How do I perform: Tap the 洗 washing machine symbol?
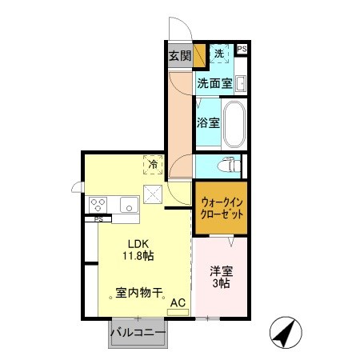(x=220, y=53)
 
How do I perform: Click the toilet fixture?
(x=227, y=166)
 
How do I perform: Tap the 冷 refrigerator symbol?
(x=151, y=164)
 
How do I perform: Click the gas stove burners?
(x=99, y=205)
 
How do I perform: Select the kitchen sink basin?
(x=129, y=205)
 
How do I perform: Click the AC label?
(x=178, y=302)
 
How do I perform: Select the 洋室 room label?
(x=219, y=271)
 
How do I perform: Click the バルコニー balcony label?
(x=138, y=332)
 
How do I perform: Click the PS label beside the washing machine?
(x=242, y=50)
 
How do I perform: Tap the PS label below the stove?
(x=98, y=218)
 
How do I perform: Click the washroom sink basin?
(x=239, y=83)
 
